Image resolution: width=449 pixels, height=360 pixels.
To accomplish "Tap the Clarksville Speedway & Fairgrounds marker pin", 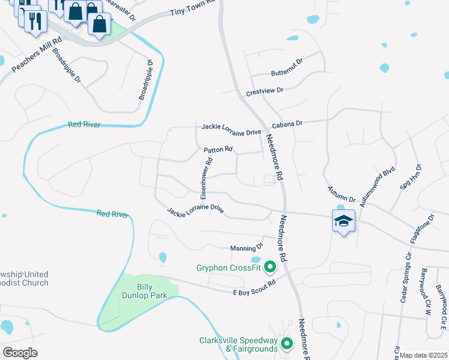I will pyautogui.click(x=287, y=343).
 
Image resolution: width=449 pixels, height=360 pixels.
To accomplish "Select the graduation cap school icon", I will pyautogui.click(x=343, y=221).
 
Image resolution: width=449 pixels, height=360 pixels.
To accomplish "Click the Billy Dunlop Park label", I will pyautogui.click(x=143, y=291).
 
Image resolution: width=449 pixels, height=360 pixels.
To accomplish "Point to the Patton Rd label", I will pyautogui.click(x=218, y=149).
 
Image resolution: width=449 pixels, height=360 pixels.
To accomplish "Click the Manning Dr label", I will pyautogui.click(x=247, y=247).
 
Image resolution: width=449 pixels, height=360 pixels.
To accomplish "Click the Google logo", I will pyautogui.click(x=20, y=353).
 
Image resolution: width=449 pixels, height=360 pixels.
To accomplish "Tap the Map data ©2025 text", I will pyautogui.click(x=424, y=355).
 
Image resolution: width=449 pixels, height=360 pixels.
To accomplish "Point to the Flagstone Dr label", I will pyautogui.click(x=421, y=228).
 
